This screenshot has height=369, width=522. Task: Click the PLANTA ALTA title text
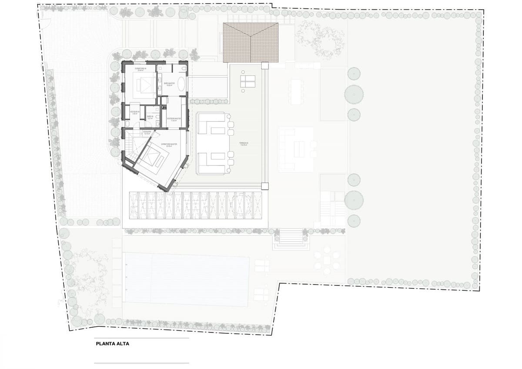(112, 343)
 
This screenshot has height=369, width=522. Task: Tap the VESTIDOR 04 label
(134, 112)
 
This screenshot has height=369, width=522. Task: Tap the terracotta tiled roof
(251, 43)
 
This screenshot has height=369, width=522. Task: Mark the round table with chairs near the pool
(326, 258)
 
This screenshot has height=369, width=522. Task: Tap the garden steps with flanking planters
(291, 237)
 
